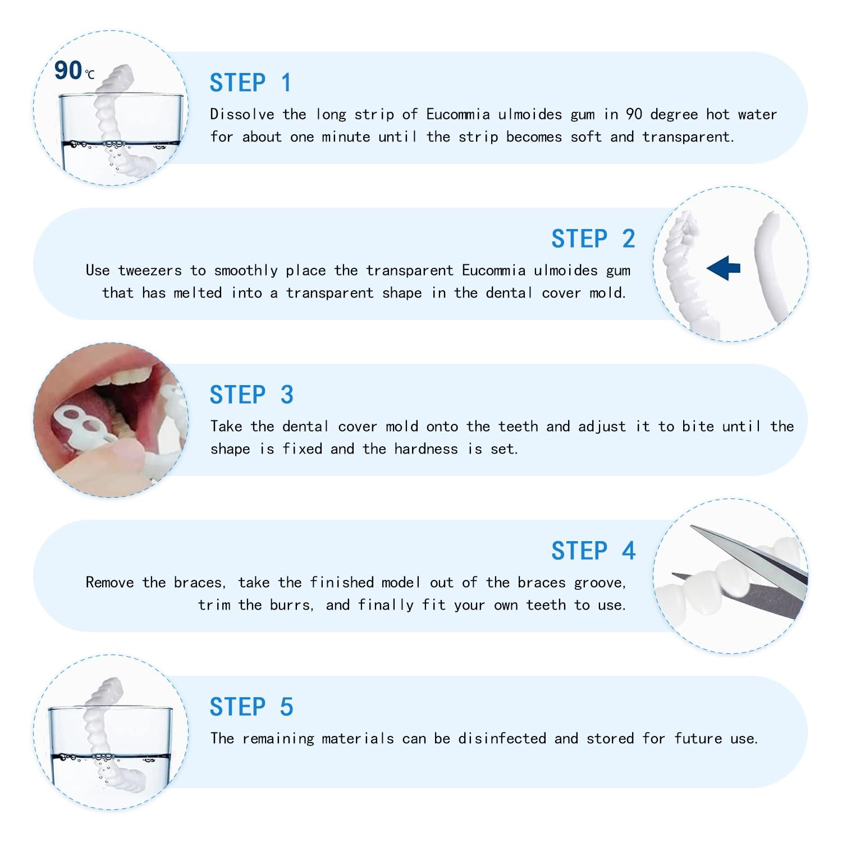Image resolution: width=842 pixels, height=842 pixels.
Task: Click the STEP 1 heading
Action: (250, 83)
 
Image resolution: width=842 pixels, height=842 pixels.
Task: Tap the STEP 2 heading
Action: (593, 239)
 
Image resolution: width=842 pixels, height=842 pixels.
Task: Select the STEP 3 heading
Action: (251, 395)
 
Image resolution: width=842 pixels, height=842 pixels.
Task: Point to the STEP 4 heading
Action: (593, 551)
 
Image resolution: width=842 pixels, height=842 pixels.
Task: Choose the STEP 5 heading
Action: (251, 707)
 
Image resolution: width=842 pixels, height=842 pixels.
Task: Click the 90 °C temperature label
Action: (74, 71)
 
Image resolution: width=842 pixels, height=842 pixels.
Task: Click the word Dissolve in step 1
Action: (242, 115)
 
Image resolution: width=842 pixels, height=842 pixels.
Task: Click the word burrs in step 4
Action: (290, 605)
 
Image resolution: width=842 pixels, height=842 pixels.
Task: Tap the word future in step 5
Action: (698, 739)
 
